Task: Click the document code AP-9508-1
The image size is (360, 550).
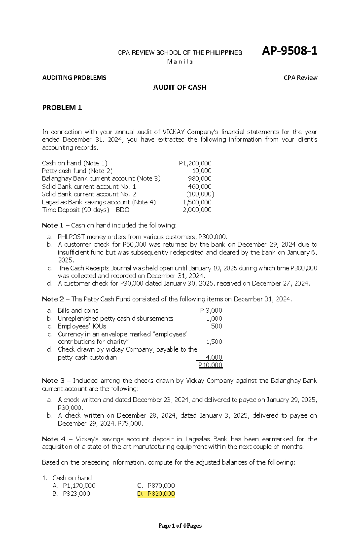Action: point(289,51)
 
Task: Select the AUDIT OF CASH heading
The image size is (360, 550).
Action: point(180,87)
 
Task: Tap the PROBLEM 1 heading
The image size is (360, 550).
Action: point(62,108)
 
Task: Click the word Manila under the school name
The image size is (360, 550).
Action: point(180,62)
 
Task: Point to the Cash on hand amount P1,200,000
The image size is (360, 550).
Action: point(195,163)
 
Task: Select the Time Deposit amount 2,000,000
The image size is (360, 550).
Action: point(197,210)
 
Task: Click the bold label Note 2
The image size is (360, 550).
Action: point(53,299)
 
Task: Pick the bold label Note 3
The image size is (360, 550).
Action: point(53,381)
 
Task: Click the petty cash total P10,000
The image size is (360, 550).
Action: point(210,365)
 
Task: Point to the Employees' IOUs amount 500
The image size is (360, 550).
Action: point(217,326)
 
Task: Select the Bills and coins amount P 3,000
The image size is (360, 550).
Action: point(211,311)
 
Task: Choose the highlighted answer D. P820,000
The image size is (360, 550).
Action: point(156,494)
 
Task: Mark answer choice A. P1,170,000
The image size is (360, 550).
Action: point(74,486)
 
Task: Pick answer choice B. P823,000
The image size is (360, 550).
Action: point(71,494)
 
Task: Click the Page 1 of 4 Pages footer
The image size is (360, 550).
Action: point(180,525)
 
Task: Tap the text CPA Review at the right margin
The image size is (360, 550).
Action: point(300,78)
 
